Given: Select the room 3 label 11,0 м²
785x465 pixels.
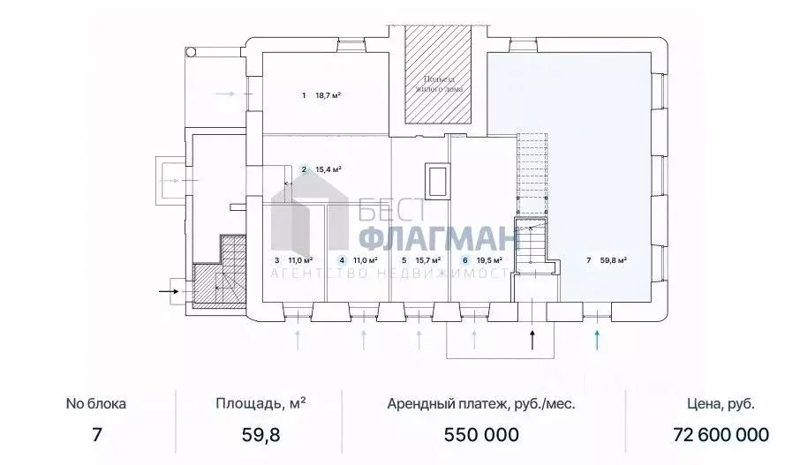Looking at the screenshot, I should click(289, 260).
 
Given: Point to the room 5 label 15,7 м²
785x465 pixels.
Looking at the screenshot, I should click(420, 260).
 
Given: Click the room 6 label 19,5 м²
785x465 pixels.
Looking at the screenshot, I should click(482, 260).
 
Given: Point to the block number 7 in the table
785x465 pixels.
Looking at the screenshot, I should click(96, 435).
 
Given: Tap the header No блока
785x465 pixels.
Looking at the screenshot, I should click(96, 403).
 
